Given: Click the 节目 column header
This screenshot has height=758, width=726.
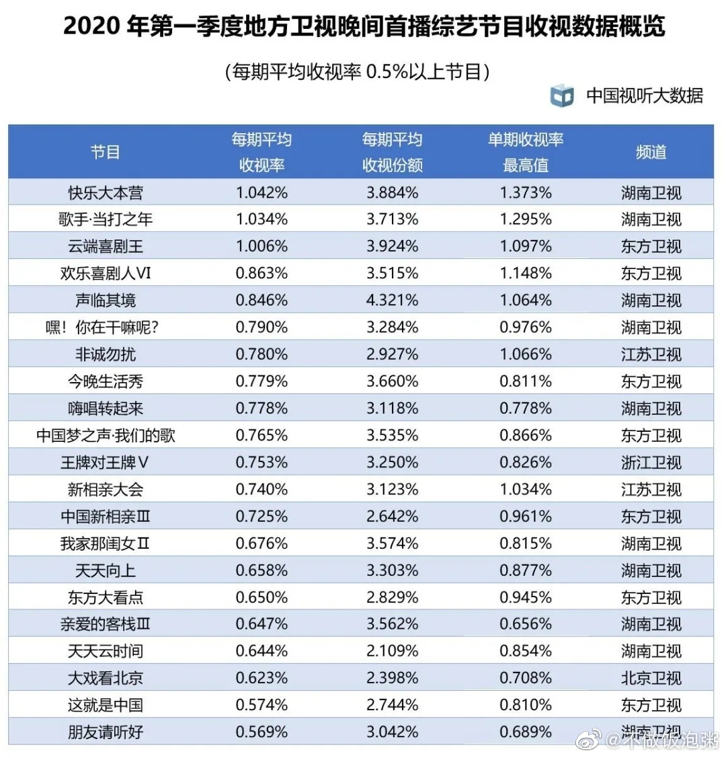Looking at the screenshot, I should pyautogui.click(x=106, y=152).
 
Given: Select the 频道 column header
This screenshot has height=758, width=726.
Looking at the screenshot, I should pyautogui.click(x=651, y=152).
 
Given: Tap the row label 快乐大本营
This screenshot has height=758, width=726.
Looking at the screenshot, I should pyautogui.click(x=106, y=193).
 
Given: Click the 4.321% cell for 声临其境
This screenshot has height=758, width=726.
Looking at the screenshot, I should pyautogui.click(x=393, y=301).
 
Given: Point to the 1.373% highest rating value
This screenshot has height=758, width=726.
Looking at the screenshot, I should pyautogui.click(x=526, y=193).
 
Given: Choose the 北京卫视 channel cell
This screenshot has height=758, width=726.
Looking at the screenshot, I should pyautogui.click(x=651, y=678).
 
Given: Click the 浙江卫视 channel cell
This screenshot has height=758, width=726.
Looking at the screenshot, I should pyautogui.click(x=651, y=463).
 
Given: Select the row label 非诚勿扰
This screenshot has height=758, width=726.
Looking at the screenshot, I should pyautogui.click(x=106, y=354).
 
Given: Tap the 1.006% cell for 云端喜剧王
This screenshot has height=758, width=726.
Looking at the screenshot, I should pyautogui.click(x=261, y=247).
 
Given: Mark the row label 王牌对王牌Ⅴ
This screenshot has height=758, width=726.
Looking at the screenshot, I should pyautogui.click(x=106, y=463).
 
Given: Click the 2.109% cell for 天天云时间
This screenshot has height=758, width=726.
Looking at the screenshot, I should pyautogui.click(x=393, y=651).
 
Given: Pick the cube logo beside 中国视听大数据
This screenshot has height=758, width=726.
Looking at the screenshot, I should pyautogui.click(x=562, y=96).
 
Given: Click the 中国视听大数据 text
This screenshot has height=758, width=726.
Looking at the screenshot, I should pyautogui.click(x=644, y=96).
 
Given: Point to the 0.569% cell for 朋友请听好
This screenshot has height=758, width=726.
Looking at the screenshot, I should pyautogui.click(x=261, y=732).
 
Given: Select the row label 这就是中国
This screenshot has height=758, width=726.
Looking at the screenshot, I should pyautogui.click(x=106, y=705).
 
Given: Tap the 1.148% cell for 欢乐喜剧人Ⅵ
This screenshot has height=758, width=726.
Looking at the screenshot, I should pyautogui.click(x=526, y=274).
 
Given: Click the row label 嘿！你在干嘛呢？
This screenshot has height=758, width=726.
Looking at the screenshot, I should pyautogui.click(x=106, y=328).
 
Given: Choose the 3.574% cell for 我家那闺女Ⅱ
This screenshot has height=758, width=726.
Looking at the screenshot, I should pyautogui.click(x=393, y=543).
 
